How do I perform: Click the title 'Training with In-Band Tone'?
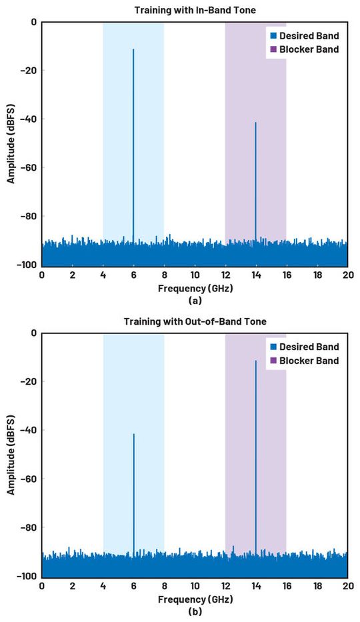[195, 9]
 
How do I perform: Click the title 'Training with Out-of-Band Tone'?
[195, 321]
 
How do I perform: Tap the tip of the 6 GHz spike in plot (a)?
[133, 49]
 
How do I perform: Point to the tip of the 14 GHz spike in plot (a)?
[255, 123]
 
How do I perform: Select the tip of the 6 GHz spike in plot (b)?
[133, 435]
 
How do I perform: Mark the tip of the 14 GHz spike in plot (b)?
[255, 361]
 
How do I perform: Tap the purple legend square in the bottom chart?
[273, 361]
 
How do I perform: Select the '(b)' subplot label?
[195, 611]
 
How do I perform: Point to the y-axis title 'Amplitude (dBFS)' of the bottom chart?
[11, 453]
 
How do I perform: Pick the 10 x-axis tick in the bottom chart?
[195, 587]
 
